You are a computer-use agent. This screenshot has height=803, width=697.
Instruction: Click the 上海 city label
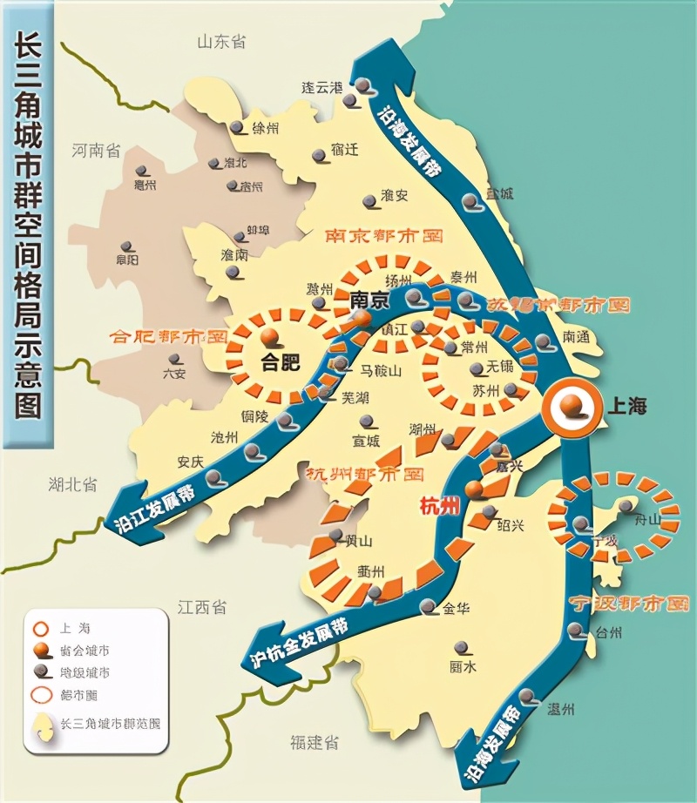pyautogui.click(x=626, y=406)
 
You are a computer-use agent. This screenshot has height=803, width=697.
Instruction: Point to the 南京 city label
pyautogui.click(x=367, y=300)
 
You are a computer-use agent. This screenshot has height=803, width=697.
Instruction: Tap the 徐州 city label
pyautogui.click(x=265, y=129)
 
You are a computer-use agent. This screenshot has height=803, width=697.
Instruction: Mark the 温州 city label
pyautogui.click(x=560, y=710)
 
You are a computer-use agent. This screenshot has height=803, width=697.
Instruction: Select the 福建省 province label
pyautogui.click(x=315, y=742)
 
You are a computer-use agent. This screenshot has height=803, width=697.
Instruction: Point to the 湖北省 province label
pyautogui.click(x=72, y=484)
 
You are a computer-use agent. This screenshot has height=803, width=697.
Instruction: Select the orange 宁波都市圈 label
pyautogui.click(x=628, y=603)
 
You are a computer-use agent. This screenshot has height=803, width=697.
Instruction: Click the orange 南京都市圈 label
pyautogui.click(x=384, y=236)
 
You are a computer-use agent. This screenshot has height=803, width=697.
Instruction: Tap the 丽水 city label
pyautogui.click(x=462, y=668)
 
